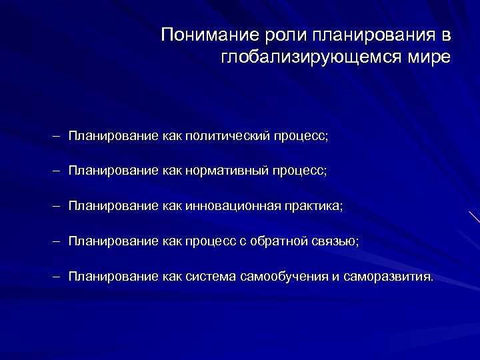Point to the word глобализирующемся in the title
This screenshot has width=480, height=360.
point(309,57)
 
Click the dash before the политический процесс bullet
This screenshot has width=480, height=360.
point(58,136)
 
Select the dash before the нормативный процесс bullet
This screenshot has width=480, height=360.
point(58,171)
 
